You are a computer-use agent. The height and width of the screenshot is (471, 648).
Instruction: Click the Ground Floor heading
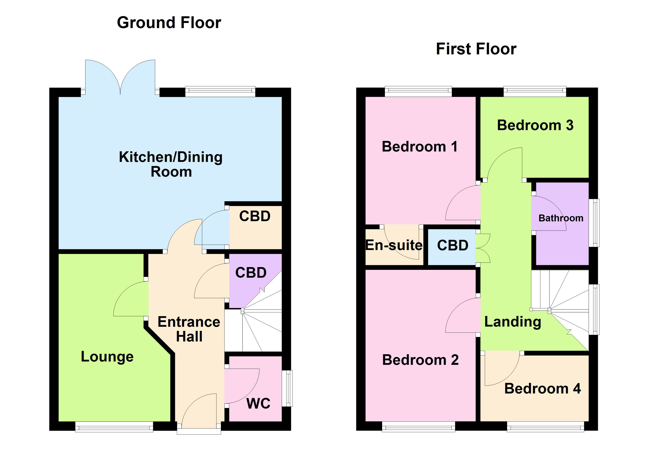click(169, 23)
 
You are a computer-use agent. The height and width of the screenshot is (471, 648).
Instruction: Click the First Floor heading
click(476, 49)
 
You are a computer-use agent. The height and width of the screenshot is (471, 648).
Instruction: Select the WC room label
click(258, 403)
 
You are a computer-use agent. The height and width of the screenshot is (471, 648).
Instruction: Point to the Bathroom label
click(561, 218)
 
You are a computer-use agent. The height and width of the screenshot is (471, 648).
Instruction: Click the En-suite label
click(394, 245)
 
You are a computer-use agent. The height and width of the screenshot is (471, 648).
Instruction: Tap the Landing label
click(513, 322)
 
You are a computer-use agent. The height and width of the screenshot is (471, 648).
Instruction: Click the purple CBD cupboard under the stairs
click(251, 273)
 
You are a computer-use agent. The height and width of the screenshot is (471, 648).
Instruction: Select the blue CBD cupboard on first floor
click(453, 245)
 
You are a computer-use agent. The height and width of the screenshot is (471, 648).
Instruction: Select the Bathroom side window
click(594, 223)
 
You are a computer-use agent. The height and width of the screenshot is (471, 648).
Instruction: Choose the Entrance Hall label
click(189, 329)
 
